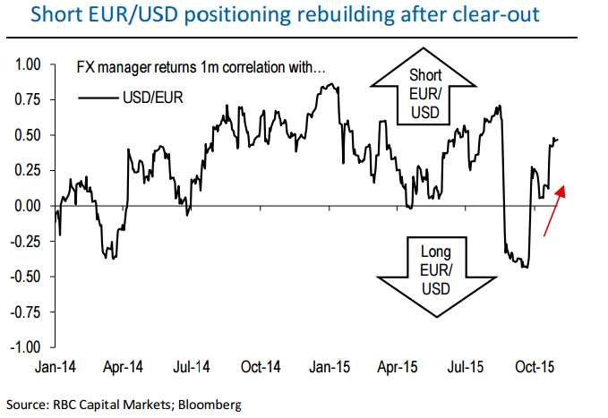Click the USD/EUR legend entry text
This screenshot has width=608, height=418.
(x=152, y=98)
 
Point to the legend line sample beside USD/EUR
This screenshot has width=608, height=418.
(x=98, y=98)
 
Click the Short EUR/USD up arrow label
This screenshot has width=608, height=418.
(x=424, y=93)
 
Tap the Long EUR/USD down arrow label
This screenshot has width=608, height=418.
(x=435, y=269)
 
